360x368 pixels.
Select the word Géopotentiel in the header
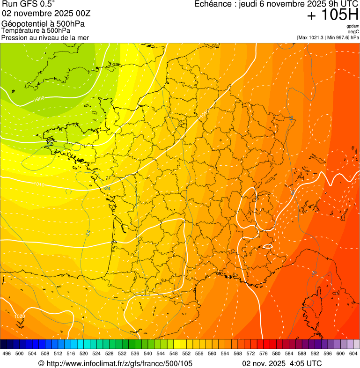click(x=22, y=24)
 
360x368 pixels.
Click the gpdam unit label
click(x=353, y=26)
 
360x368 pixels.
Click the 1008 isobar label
click(x=39, y=99)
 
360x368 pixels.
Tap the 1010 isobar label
click(x=39, y=184)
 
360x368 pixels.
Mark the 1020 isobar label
click(x=20, y=316)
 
